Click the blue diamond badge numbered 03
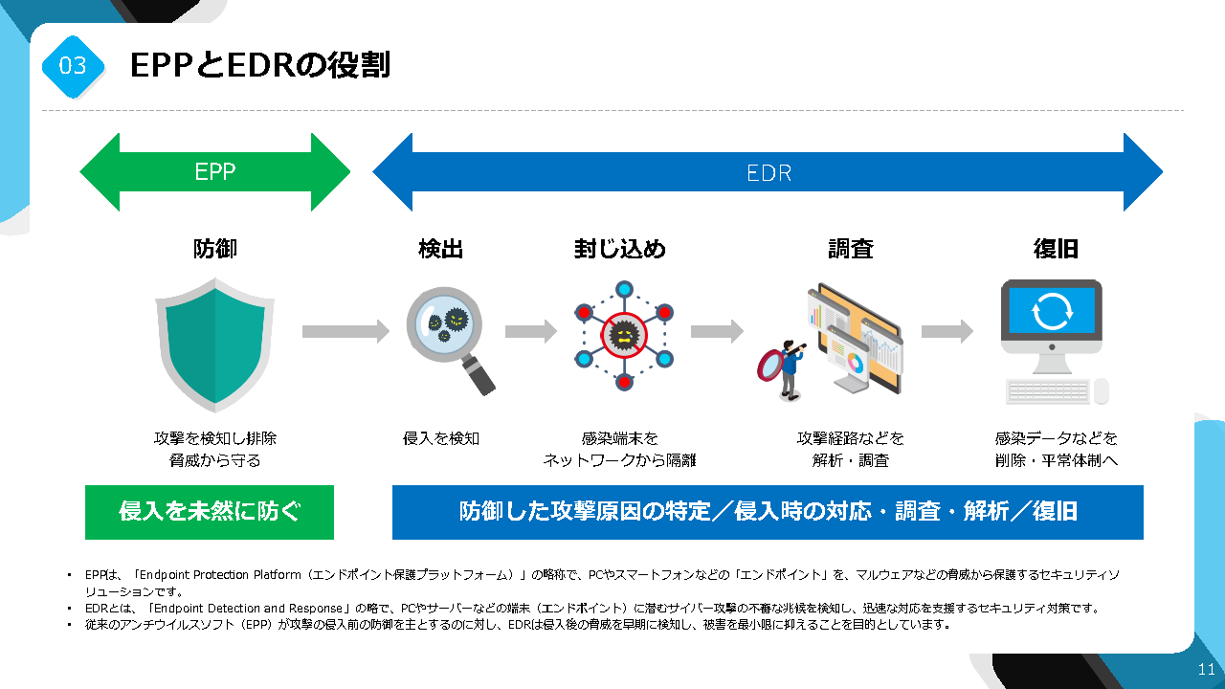[x=73, y=65]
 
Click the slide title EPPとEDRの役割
[x=259, y=65]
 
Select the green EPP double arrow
[x=215, y=172]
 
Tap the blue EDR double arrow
[x=768, y=173]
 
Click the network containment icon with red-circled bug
[x=624, y=334]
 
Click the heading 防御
[x=215, y=250]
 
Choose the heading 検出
[x=441, y=250]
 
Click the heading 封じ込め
[x=620, y=250]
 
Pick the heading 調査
[x=850, y=250]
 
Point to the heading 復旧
[x=1056, y=250]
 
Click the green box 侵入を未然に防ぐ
[x=210, y=512]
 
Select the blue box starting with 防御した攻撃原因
[x=768, y=512]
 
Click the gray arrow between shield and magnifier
[x=345, y=331]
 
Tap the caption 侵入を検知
[x=441, y=438]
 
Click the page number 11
[x=1206, y=669]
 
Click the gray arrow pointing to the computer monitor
[x=947, y=331]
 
